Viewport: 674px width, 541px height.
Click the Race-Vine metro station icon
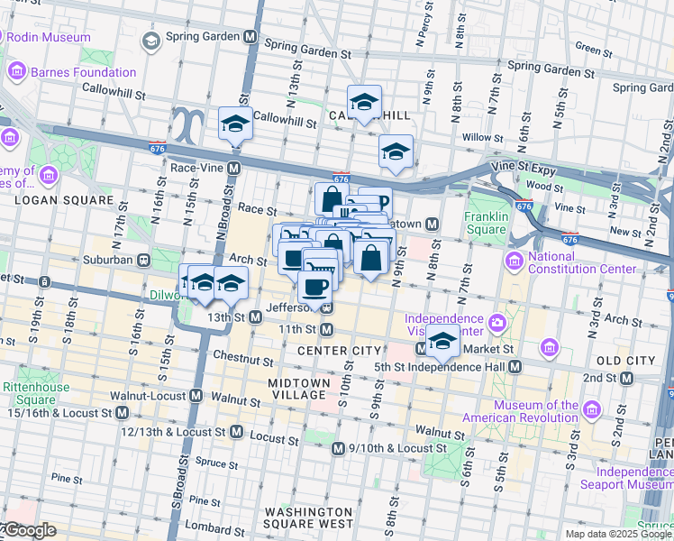coord(233,168)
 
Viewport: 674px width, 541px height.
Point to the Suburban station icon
coord(143,260)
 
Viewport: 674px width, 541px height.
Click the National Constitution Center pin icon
coord(515,261)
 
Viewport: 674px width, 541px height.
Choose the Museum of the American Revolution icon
coord(592,406)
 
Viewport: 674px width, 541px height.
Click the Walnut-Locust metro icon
coord(196,396)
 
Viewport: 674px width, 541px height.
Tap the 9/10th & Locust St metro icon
coord(337,448)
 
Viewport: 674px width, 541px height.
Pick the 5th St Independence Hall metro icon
coord(515,367)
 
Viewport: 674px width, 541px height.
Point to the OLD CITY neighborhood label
coord(625,361)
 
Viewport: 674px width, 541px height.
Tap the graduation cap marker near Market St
coord(442,340)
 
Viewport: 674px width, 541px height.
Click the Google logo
coord(29,531)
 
